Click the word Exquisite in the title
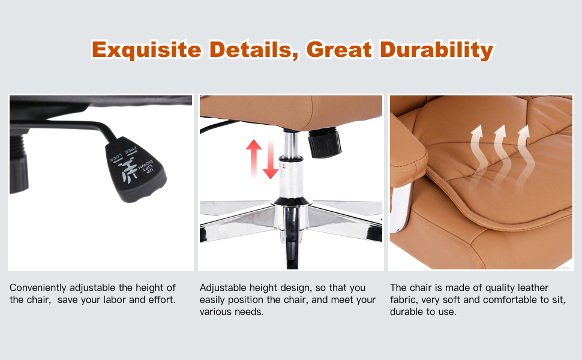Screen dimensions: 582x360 tap(146, 50)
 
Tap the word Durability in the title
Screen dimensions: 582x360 tap(437, 50)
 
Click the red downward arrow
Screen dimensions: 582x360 tap(271, 160)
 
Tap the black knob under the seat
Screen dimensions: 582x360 tap(325, 142)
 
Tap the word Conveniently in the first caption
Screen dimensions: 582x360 tap(38, 288)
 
